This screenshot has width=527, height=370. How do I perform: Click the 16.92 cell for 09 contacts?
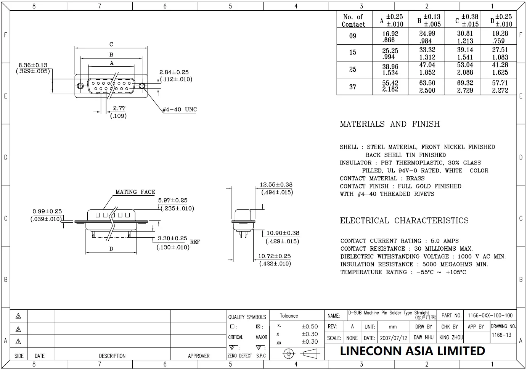click(x=390, y=37)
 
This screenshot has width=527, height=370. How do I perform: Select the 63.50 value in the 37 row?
click(x=427, y=87)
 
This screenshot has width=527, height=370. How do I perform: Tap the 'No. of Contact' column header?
click(x=353, y=20)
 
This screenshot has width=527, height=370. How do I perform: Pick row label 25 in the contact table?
click(x=353, y=69)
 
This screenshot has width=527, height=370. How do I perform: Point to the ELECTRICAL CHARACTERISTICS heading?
click(x=404, y=220)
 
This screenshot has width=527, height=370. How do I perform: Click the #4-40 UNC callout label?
click(x=180, y=109)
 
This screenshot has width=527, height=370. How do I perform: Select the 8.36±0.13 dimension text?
click(x=33, y=65)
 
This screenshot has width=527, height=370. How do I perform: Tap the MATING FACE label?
click(x=135, y=192)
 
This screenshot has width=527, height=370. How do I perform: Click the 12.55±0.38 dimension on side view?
click(x=276, y=185)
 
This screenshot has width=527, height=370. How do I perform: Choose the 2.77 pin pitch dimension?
click(x=119, y=108)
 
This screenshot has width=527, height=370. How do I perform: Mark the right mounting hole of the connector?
click(x=142, y=85)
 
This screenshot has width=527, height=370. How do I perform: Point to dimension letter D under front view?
click(x=111, y=249)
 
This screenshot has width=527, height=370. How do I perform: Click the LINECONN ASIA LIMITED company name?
click(x=412, y=351)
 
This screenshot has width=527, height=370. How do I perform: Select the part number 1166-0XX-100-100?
click(x=490, y=315)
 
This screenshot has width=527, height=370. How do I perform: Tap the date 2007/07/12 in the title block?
click(x=394, y=338)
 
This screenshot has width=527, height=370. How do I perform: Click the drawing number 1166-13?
click(x=501, y=335)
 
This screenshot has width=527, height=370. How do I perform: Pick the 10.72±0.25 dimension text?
click(x=274, y=256)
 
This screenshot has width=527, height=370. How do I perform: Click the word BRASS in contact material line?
click(x=415, y=178)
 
